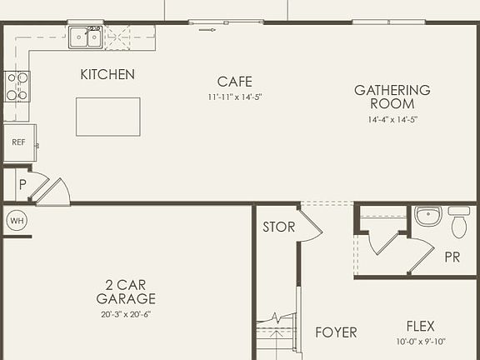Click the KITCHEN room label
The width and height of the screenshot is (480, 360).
pyautogui.click(x=107, y=75)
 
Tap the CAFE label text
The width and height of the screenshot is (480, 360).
pyautogui.click(x=234, y=82)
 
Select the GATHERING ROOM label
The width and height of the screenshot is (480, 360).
pyautogui.click(x=392, y=97)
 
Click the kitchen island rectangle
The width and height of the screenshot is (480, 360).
pyautogui.click(x=108, y=117)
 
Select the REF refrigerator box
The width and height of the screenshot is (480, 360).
pyautogui.click(x=18, y=142)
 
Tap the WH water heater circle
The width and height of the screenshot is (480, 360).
pyautogui.click(x=17, y=221)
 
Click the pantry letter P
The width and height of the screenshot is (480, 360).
pyautogui.click(x=22, y=185)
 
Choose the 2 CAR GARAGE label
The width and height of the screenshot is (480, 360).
pyautogui.click(x=126, y=292)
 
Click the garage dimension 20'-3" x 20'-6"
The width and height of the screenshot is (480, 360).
pyautogui.click(x=126, y=314)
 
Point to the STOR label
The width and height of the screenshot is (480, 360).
pyautogui.click(x=278, y=227)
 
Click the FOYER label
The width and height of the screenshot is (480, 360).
pyautogui.click(x=336, y=332)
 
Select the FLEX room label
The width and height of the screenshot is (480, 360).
pyautogui.click(x=420, y=326)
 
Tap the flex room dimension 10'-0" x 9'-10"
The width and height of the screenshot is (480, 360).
pyautogui.click(x=420, y=341)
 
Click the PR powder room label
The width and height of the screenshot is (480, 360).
pyautogui.click(x=452, y=257)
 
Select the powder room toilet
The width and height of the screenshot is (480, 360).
pyautogui.click(x=458, y=222)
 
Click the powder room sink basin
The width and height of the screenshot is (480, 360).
pyautogui.click(x=428, y=217)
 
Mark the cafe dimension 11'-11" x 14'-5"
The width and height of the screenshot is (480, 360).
pyautogui.click(x=234, y=97)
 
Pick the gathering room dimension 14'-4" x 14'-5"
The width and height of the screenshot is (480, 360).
pyautogui.click(x=392, y=119)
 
